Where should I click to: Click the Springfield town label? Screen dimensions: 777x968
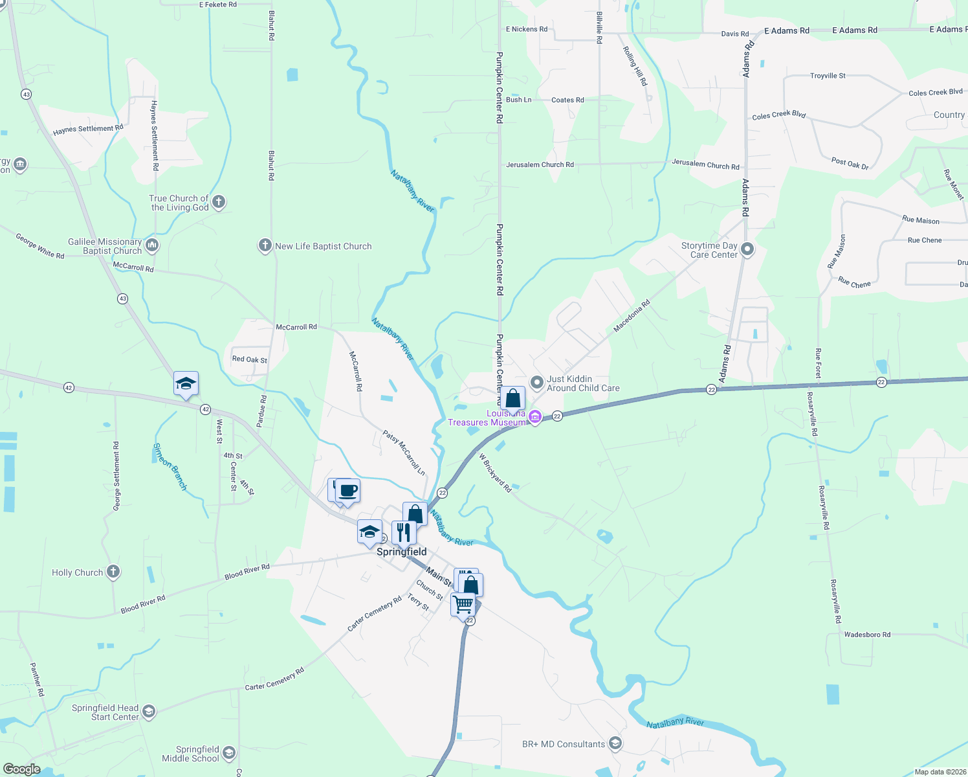coord(401,552)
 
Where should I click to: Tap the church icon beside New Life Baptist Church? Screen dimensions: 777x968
coord(265,245)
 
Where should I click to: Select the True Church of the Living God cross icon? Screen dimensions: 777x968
coord(219,202)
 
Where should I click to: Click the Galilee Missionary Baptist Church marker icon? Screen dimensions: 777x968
coord(152,245)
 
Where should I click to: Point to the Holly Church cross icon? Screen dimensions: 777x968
coord(113,572)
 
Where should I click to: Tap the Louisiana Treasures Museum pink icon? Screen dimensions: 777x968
coord(535,417)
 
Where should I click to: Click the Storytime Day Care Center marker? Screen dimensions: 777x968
coord(747,249)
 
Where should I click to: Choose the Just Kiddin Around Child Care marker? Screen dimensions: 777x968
coord(536,383)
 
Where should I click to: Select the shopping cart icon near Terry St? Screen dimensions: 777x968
coord(463,605)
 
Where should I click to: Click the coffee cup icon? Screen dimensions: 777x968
coord(348,491)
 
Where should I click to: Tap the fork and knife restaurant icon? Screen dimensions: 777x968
coord(404,532)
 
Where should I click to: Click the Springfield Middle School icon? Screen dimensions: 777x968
coord(228,753)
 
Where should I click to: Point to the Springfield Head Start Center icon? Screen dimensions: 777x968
coord(149,712)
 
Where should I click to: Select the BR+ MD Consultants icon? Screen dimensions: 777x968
coord(615,743)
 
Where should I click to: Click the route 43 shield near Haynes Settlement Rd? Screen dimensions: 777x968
coord(26,95)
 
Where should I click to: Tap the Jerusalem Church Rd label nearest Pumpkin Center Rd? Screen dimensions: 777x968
coord(540,164)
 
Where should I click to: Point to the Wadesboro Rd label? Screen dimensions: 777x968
coord(867,635)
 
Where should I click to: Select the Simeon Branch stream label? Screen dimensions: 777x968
coord(170,466)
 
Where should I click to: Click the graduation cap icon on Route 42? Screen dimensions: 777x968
coord(186,383)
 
